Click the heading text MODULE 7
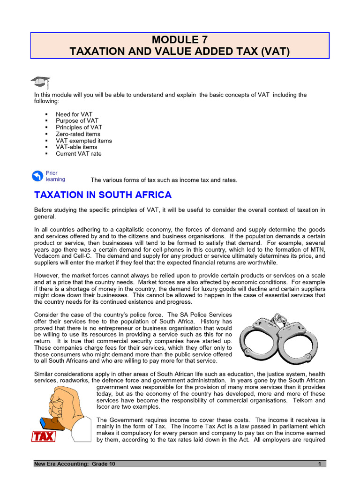point(180,39)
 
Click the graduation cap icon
point(40,82)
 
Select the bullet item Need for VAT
point(74,114)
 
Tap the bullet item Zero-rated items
point(78,134)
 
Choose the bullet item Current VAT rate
point(78,154)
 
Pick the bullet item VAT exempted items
point(83,141)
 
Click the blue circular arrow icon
point(37,176)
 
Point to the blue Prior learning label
point(55,176)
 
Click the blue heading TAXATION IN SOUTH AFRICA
point(103,195)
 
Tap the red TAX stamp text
point(44,436)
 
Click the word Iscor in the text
point(104,407)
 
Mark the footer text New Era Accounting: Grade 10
point(74,464)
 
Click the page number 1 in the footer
point(319,464)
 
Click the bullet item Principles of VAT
point(79,127)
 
